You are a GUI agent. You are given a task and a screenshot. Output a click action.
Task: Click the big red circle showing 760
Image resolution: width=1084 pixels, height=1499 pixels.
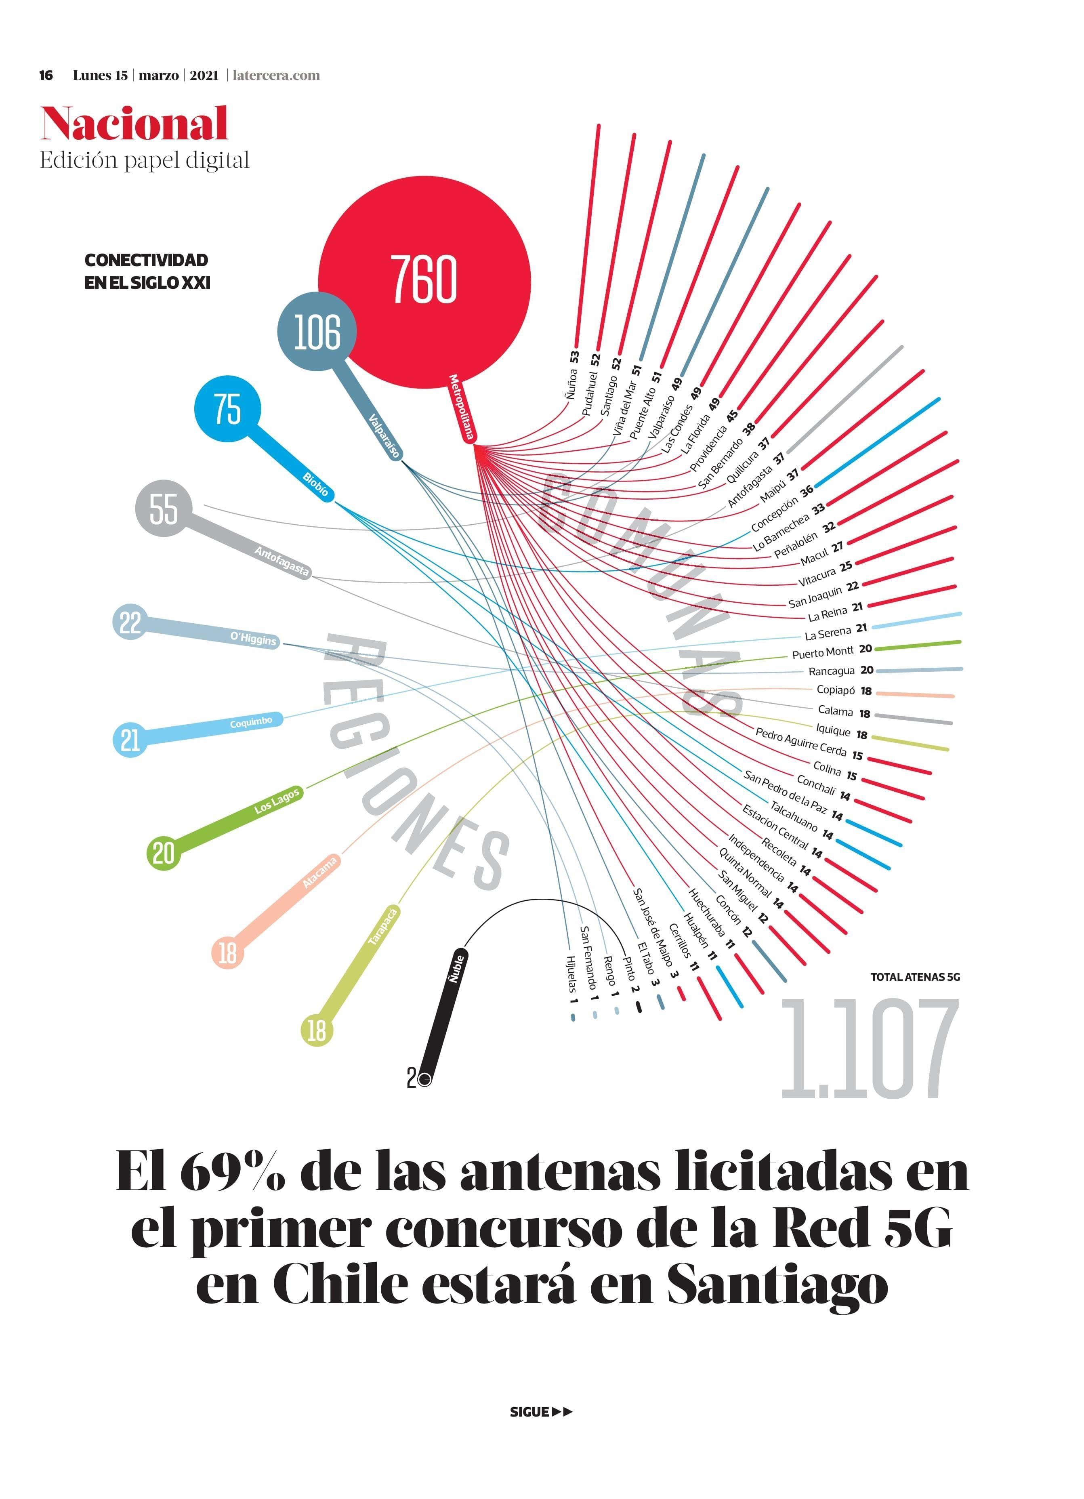(424, 280)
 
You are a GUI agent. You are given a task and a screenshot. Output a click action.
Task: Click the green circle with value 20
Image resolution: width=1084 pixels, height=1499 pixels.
(163, 853)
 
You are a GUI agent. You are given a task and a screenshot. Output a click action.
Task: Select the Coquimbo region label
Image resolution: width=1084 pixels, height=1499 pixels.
(251, 722)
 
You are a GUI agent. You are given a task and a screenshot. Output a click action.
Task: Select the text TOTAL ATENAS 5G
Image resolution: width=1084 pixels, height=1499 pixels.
(915, 977)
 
